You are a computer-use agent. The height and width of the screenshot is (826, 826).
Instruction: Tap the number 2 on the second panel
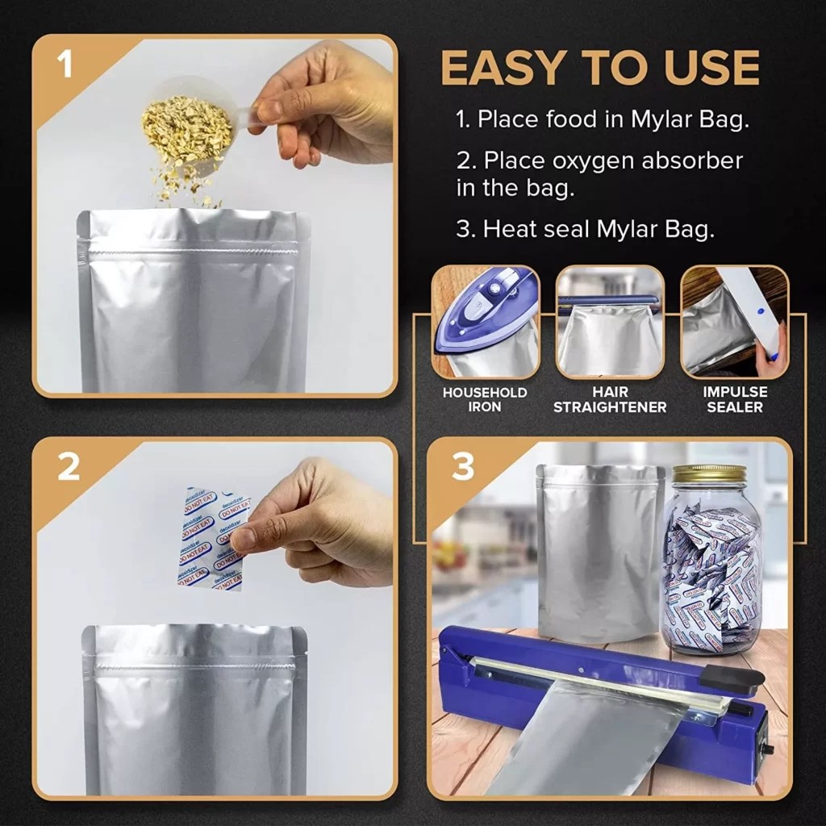click(x=69, y=467)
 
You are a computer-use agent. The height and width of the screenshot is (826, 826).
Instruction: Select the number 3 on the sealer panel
click(x=463, y=467)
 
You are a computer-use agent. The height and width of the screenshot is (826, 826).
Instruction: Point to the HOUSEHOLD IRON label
click(x=485, y=399)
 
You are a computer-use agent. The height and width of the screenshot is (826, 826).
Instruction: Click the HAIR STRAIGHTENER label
click(x=610, y=399)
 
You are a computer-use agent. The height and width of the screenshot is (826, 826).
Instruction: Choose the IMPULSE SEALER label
click(x=734, y=399)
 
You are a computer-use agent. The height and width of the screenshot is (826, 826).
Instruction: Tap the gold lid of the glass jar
click(x=709, y=473)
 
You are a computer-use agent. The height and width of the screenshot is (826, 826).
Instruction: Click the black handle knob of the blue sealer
click(x=730, y=678)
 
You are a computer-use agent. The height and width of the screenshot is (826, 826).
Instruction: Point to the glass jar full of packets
click(x=711, y=565)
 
